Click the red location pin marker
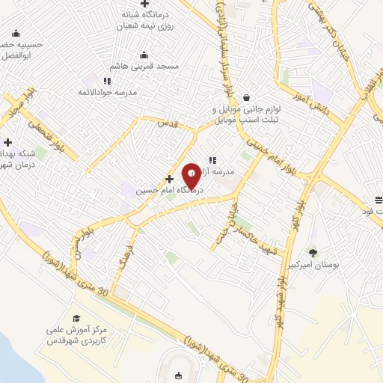[191, 175]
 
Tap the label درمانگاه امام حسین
[158, 191]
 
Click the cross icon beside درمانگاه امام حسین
[170, 179]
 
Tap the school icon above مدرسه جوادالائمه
[108, 80]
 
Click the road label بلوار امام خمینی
[272, 147]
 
